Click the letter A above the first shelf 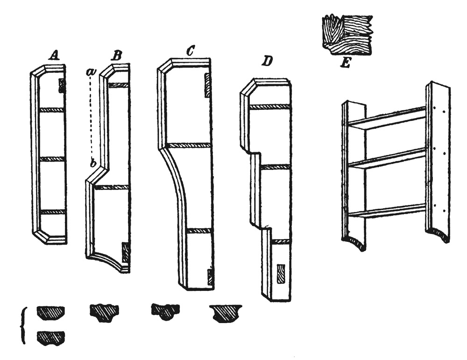(54, 56)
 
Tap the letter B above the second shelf (116, 56)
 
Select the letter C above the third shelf (190, 52)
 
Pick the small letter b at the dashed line (93, 163)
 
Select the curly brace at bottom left (24, 326)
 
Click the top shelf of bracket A (50, 110)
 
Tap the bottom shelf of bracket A (50, 212)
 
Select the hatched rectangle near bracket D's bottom (281, 274)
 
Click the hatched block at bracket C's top (208, 85)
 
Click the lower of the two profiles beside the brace (51, 337)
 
